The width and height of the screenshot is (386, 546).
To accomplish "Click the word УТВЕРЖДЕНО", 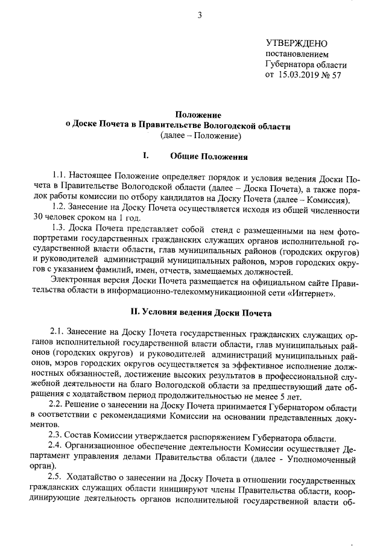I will (x=296, y=43).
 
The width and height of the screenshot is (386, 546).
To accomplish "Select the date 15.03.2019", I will (x=300, y=75).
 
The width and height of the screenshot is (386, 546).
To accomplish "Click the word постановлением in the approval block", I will (x=298, y=54).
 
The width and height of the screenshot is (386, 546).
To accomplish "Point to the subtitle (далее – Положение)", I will (x=201, y=136).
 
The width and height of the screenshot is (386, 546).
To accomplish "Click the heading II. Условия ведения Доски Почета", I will (x=201, y=313).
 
